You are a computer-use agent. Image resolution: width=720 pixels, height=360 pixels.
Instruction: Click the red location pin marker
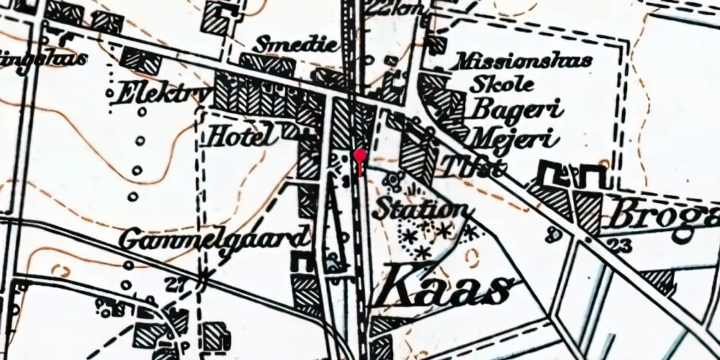(x=360, y=156)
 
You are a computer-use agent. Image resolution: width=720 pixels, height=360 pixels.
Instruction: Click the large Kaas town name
(x=446, y=288)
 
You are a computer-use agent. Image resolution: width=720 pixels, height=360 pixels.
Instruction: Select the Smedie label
(x=302, y=45)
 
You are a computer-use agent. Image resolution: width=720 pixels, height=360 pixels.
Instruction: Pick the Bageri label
(x=516, y=109)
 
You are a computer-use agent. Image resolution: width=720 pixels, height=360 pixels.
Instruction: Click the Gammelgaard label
(x=215, y=238)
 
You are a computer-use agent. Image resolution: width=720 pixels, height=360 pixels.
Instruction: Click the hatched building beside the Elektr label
(x=141, y=60)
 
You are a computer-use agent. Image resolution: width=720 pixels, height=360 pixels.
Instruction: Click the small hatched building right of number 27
(x=214, y=335)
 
